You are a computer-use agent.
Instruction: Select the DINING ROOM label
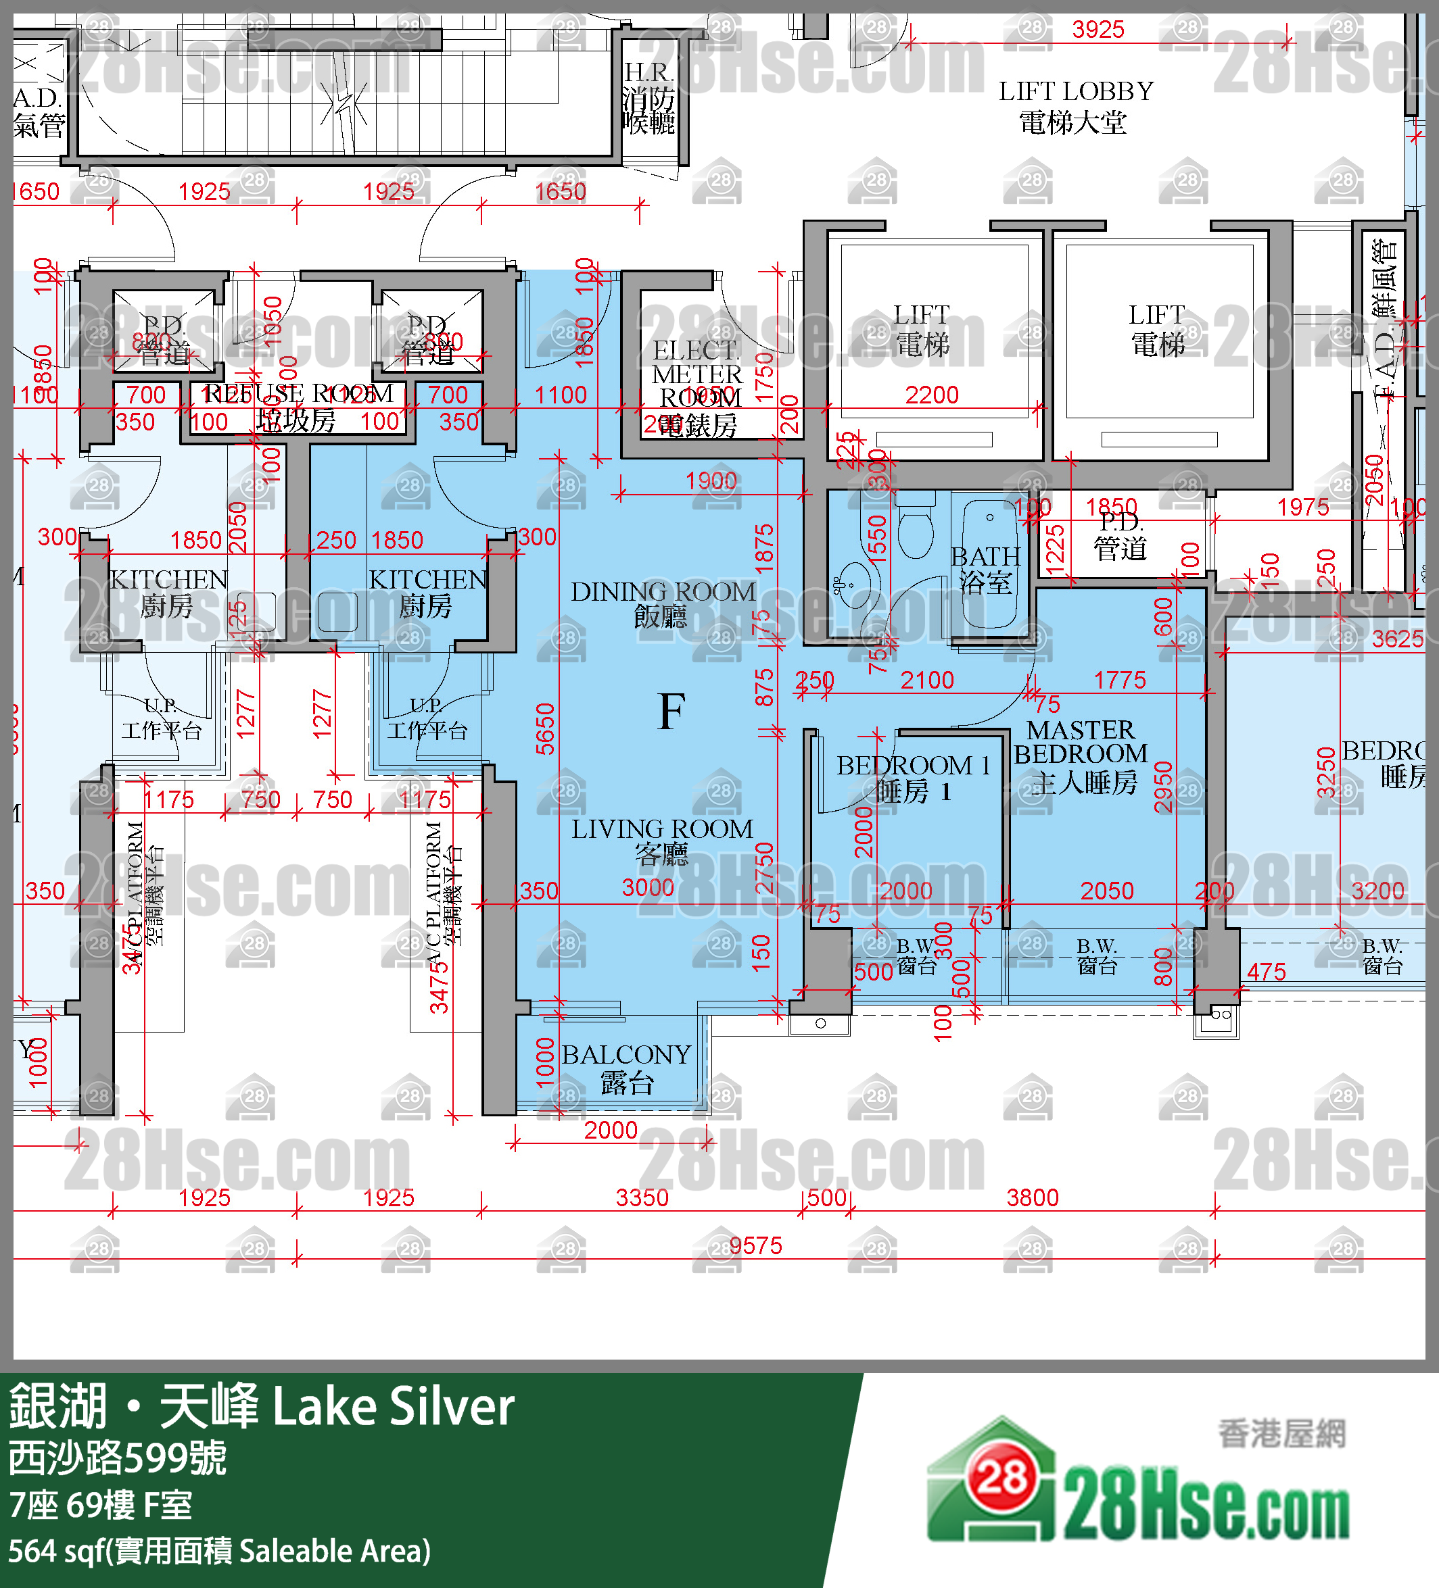663,603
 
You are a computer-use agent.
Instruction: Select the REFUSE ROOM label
298,405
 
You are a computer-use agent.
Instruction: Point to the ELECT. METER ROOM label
697,387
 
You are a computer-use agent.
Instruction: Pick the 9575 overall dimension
755,1245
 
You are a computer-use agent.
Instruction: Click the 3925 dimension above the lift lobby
1098,30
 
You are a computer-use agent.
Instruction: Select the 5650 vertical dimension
545,728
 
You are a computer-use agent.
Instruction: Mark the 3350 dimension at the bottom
642,1197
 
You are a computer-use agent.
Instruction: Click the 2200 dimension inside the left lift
931,395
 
